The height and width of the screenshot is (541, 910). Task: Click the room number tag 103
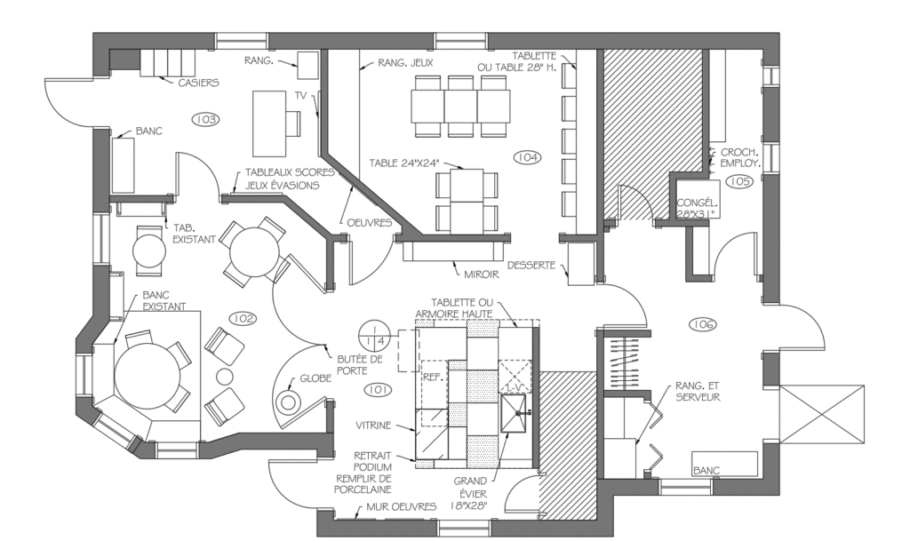pyautogui.click(x=206, y=119)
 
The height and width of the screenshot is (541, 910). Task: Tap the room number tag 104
pyautogui.click(x=527, y=157)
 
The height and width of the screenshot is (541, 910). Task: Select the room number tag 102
pyautogui.click(x=243, y=318)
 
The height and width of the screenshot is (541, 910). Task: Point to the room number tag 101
pyautogui.click(x=377, y=390)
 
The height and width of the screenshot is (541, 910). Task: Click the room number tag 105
pyautogui.click(x=739, y=181)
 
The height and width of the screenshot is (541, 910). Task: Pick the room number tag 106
pyautogui.click(x=703, y=325)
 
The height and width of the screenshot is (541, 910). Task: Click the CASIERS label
pyautogui.click(x=198, y=83)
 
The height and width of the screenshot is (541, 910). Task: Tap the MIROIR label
pyautogui.click(x=482, y=274)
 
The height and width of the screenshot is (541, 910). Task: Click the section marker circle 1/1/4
pyautogui.click(x=373, y=337)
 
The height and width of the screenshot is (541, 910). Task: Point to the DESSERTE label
pyautogui.click(x=531, y=266)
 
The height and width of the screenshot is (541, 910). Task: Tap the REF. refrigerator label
pyautogui.click(x=434, y=377)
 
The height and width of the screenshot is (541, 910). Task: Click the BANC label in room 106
pyautogui.click(x=706, y=471)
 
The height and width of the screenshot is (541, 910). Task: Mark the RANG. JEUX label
pyautogui.click(x=405, y=62)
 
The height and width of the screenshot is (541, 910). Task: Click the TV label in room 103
pyautogui.click(x=300, y=96)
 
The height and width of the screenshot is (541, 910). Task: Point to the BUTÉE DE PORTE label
pyautogui.click(x=360, y=365)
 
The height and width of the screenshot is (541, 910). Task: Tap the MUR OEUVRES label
pyautogui.click(x=401, y=507)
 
